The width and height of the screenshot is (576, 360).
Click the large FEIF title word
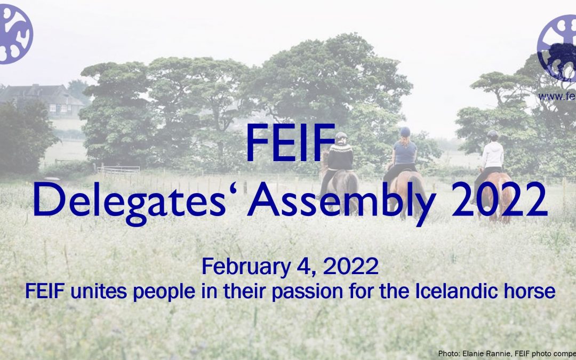[287, 143]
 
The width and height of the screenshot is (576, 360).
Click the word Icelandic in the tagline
[450, 291]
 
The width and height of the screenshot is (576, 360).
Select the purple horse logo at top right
[558, 48]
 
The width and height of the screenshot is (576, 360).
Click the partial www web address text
[557, 97]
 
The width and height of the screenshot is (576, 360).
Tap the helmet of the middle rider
[405, 131]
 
